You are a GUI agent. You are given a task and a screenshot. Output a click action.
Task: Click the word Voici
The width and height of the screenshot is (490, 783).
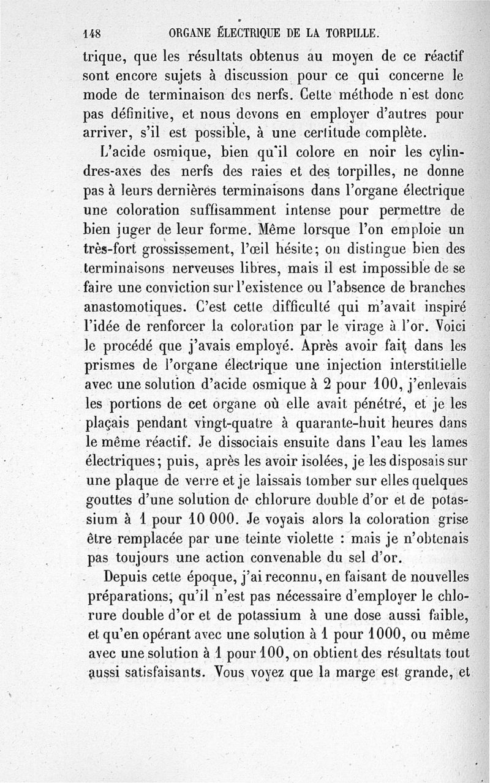[447, 326]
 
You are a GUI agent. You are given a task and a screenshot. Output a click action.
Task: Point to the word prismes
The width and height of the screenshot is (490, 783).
[107, 365]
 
